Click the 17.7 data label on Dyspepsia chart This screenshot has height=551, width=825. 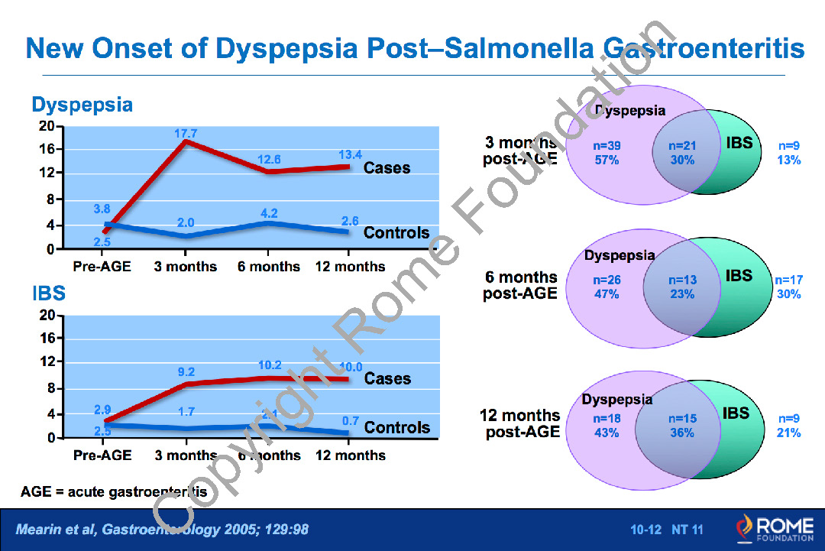(186, 133)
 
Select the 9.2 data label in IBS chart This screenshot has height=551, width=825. (186, 372)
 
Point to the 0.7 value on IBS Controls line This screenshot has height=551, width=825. (351, 420)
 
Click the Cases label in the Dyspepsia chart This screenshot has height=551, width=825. (387, 167)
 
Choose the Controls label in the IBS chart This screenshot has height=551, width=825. (396, 427)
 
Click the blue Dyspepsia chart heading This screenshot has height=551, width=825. (82, 105)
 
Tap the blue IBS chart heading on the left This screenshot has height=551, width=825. (48, 293)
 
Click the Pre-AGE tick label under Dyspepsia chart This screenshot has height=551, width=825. (102, 267)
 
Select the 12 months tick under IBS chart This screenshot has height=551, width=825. (350, 455)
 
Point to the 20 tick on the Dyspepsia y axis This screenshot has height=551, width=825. (47, 127)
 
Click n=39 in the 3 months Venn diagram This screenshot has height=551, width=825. (606, 145)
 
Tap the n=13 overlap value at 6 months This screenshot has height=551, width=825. (682, 280)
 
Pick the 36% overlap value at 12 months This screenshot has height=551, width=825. (682, 433)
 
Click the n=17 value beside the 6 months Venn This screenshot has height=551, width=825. (788, 280)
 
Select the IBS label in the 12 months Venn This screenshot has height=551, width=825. (736, 413)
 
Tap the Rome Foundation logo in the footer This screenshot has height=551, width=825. (774, 528)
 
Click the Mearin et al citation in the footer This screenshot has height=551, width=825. (163, 529)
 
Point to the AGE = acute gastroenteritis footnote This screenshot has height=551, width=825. (114, 492)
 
